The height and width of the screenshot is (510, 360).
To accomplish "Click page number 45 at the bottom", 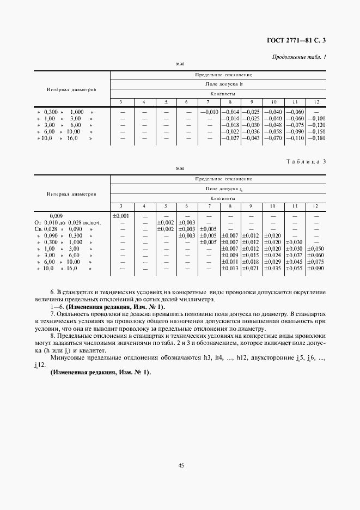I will (x=180, y=465).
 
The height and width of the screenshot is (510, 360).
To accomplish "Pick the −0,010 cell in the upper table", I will (x=209, y=112).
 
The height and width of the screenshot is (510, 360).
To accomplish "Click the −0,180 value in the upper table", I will (x=316, y=138).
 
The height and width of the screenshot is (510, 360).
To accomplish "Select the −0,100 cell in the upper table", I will (x=316, y=118).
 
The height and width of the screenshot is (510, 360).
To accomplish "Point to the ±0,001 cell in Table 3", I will (x=120, y=216).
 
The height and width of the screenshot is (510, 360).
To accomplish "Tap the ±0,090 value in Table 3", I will (x=316, y=269).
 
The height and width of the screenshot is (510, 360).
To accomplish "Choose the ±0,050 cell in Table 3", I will (x=316, y=249).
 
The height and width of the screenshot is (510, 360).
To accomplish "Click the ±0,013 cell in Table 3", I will (x=231, y=269).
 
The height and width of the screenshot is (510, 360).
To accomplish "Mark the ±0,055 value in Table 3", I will (x=294, y=269).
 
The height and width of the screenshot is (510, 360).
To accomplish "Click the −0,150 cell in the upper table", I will (x=316, y=132).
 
